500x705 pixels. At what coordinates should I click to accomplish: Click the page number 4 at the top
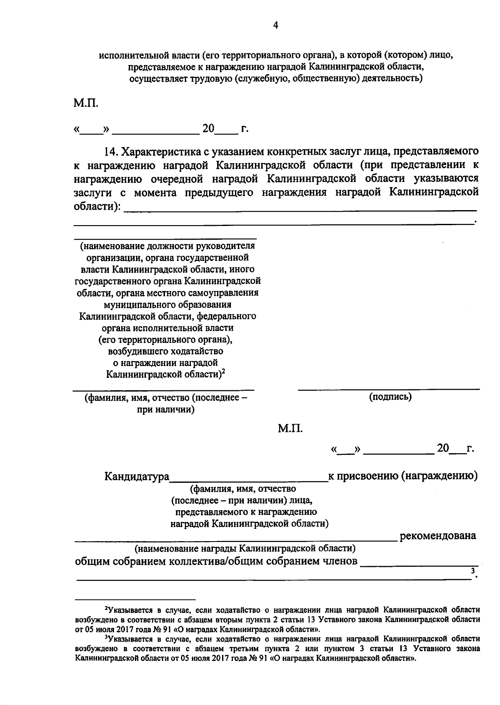pyautogui.click(x=275, y=25)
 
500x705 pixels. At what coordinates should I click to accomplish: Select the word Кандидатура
pyautogui.click(x=137, y=476)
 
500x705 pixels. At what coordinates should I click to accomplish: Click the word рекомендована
pyautogui.click(x=438, y=535)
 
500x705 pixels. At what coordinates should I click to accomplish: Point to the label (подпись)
pyautogui.click(x=390, y=397)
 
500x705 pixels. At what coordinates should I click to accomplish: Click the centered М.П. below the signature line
pyautogui.click(x=290, y=428)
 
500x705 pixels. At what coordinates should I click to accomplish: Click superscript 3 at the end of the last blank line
pyautogui.click(x=472, y=571)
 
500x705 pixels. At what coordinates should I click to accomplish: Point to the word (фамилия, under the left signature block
pyautogui.click(x=106, y=398)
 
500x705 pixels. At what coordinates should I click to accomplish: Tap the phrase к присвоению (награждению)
pyautogui.click(x=403, y=476)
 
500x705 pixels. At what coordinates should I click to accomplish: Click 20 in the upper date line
pyautogui.click(x=208, y=128)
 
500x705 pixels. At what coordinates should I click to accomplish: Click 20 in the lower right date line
pyautogui.click(x=443, y=448)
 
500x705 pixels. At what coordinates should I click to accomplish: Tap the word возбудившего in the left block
pyautogui.click(x=132, y=351)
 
